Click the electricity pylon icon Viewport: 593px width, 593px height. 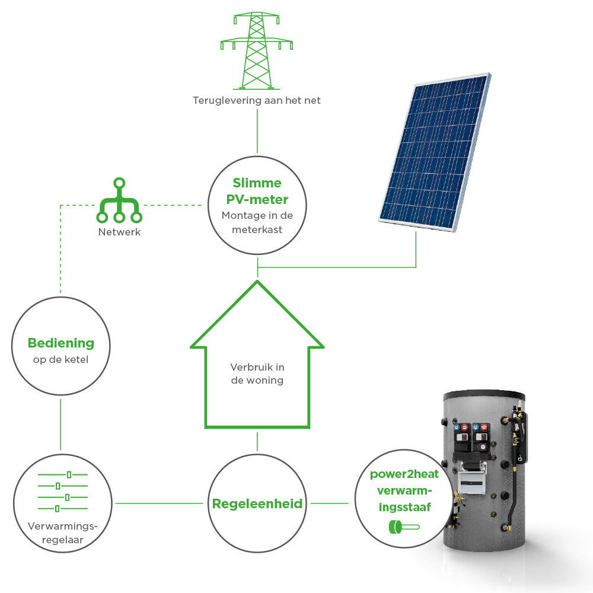pos(256,50)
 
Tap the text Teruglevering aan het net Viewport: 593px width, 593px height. pos(256,100)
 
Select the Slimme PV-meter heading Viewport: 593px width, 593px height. pos(257,191)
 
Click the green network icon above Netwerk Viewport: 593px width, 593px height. pos(119,200)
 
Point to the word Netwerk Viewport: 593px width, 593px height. pos(119,232)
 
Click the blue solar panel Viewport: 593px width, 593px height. pos(435,152)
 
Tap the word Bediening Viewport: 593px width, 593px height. pos(61,343)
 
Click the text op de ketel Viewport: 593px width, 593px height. pos(60,359)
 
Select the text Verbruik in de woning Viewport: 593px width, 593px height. pos(257,374)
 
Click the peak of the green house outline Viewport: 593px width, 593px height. pos(257,281)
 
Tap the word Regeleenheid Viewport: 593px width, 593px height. pos(257,503)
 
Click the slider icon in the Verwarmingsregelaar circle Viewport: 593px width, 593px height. pos(63,491)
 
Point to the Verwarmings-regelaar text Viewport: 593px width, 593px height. pos(63,533)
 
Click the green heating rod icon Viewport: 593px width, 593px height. pos(404,527)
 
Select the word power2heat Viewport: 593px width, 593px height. pos(404,474)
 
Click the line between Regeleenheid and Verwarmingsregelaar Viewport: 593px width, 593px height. pos(159,503)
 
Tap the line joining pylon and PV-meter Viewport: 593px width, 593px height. pos(257,131)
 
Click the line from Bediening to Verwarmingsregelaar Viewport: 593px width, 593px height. pos(60,425)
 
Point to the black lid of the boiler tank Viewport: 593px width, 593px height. pos(484,395)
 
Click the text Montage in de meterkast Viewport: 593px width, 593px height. pos(257,222)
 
